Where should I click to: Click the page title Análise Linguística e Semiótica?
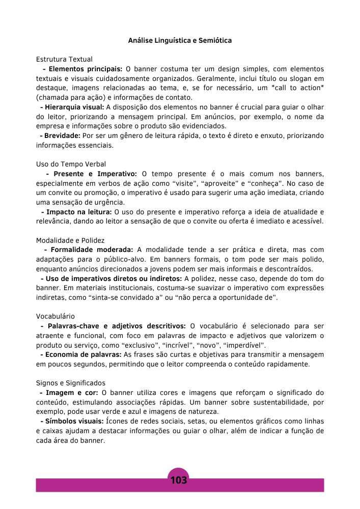pos(180,40)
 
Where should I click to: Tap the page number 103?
pos(179,480)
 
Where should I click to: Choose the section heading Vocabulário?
pos(56,316)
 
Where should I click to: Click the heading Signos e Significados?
pos(70,383)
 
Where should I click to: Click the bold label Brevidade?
pos(62,135)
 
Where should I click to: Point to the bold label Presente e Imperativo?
pos(95,174)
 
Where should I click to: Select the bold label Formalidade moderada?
pos(92,249)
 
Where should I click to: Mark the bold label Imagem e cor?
pos(72,392)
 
